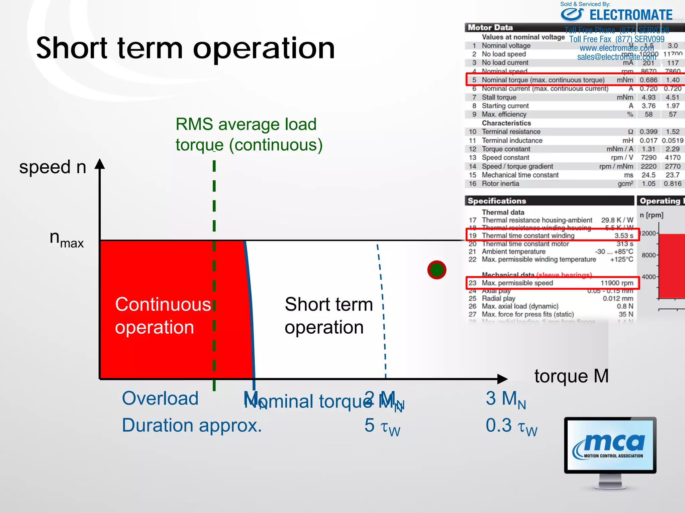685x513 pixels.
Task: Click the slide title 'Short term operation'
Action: (x=186, y=48)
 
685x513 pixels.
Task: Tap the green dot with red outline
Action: (x=436, y=270)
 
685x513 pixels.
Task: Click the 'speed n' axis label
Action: (x=53, y=167)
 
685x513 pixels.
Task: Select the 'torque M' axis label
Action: (x=571, y=376)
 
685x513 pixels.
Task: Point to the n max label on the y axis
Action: (x=66, y=239)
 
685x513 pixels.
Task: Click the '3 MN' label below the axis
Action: (x=506, y=399)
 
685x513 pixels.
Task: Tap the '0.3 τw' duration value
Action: (x=511, y=426)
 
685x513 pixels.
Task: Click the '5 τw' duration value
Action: (x=382, y=426)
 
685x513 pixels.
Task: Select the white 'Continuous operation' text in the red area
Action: (x=163, y=316)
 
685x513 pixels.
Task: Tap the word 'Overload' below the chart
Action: (x=160, y=398)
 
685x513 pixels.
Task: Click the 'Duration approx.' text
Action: (x=192, y=425)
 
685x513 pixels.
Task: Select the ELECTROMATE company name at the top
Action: (x=630, y=15)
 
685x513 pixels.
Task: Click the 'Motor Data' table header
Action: (x=490, y=27)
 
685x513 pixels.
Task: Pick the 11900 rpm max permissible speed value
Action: (x=616, y=283)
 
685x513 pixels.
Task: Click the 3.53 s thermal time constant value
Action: (x=623, y=235)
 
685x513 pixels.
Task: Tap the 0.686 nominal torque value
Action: (x=648, y=80)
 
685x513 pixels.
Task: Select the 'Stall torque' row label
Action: (x=499, y=97)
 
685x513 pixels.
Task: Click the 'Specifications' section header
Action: (x=497, y=201)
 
